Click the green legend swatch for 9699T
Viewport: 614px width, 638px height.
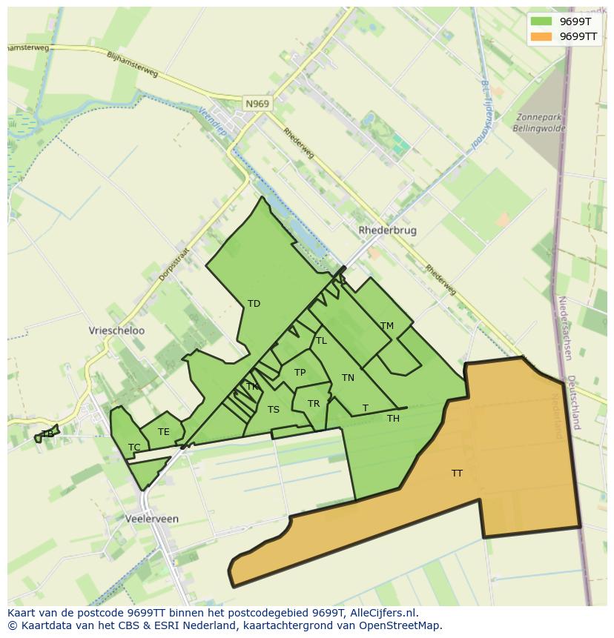(541, 21)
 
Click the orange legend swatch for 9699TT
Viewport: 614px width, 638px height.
(541, 36)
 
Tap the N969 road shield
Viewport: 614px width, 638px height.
(257, 104)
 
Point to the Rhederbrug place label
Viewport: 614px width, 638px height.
(387, 230)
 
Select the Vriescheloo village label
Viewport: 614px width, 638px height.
(116, 330)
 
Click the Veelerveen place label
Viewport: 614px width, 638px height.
(152, 519)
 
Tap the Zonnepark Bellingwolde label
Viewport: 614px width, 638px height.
(539, 123)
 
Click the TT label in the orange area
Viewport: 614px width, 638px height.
(457, 473)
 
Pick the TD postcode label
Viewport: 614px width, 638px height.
(254, 304)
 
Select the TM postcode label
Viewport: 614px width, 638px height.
(386, 326)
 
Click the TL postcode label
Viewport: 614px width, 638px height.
(321, 341)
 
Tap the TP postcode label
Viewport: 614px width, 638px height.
(300, 373)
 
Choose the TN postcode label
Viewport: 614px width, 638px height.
(348, 378)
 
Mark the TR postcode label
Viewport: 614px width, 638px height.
(314, 404)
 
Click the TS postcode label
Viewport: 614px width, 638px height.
(274, 410)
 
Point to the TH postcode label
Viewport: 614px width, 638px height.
(393, 419)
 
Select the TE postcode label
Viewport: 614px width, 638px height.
(163, 432)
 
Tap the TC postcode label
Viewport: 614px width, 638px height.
(134, 448)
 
